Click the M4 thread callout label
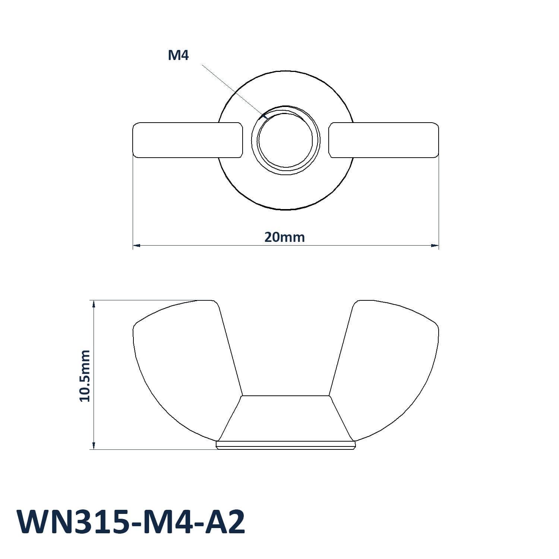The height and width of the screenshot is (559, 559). (179, 56)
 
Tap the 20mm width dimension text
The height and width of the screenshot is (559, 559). (285, 237)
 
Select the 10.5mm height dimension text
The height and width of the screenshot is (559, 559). (85, 376)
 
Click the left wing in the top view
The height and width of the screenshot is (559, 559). (188, 140)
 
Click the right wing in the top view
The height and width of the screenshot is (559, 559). (383, 140)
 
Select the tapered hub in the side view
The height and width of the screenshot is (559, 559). (286, 418)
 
